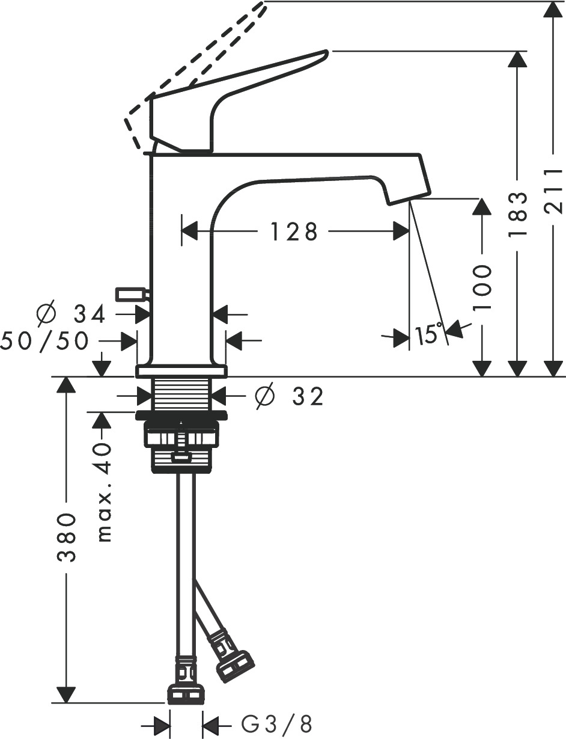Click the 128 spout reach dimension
click(293, 232)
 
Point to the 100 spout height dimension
click(482, 287)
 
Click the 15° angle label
click(428, 334)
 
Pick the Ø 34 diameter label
click(71, 313)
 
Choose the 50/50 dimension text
click(45, 341)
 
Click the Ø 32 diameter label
click(290, 396)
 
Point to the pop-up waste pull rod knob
click(132, 294)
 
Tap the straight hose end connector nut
click(185, 695)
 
